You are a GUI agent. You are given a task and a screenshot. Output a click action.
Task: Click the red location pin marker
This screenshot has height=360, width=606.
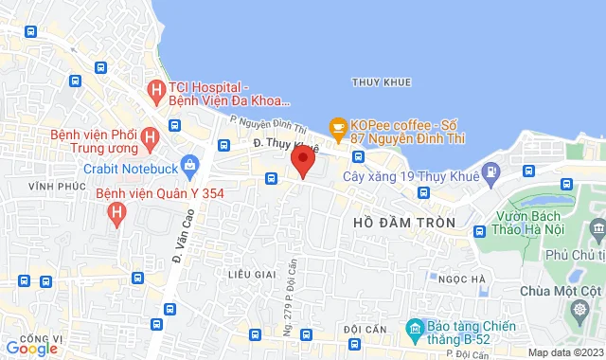(x=302, y=160)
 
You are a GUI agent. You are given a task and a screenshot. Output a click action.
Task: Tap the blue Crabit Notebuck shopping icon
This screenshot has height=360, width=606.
(x=189, y=167)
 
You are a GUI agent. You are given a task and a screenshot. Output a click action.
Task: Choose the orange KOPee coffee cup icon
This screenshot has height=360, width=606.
(x=337, y=126)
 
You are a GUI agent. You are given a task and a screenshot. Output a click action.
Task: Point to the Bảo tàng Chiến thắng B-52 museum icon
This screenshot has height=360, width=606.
(x=414, y=330)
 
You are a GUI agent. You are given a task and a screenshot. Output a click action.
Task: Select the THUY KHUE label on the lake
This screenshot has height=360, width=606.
(x=382, y=82)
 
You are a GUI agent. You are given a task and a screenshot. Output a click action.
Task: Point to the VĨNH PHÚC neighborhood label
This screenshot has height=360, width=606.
(x=51, y=187)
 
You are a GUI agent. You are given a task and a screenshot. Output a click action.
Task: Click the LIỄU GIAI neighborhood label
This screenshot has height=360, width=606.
(x=251, y=273)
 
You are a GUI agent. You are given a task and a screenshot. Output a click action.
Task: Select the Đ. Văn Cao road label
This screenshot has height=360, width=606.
(x=176, y=243)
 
